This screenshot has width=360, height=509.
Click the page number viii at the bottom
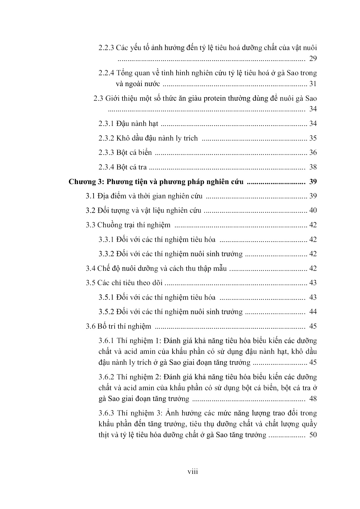(193, 471)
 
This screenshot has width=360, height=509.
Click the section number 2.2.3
(106, 48)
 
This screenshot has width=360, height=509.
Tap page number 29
(313, 58)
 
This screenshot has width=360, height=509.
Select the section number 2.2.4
(106, 73)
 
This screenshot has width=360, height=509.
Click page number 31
(313, 84)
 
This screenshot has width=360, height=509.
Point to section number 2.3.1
(106, 123)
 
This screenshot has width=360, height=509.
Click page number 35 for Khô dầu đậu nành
(313, 138)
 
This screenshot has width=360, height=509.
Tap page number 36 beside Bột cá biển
(313, 152)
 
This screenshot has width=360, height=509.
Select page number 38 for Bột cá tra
(313, 167)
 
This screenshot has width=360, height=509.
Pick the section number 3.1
(90, 196)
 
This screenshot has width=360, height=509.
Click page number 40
(313, 211)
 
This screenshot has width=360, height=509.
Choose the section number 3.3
(90, 225)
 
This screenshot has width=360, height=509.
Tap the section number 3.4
(90, 268)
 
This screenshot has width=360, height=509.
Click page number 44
(313, 312)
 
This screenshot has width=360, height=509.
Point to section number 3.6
(90, 326)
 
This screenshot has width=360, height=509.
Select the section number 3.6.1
(106, 341)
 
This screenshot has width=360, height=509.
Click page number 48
(313, 399)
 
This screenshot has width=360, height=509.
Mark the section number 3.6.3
(106, 413)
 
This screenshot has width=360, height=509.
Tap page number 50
(313, 435)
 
